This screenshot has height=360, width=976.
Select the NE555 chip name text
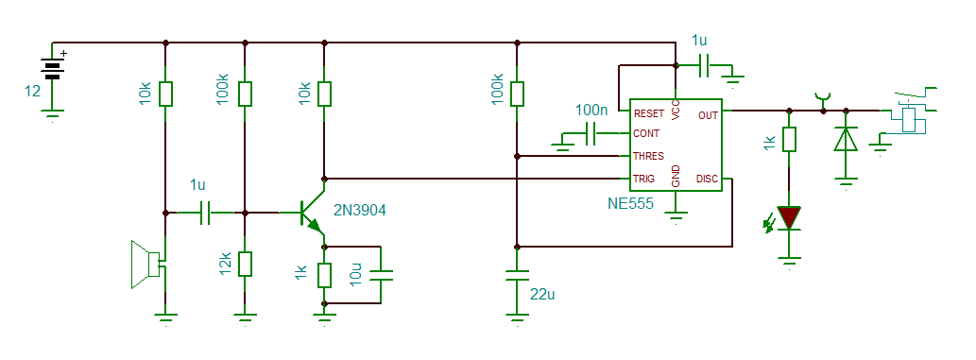tap(630, 203)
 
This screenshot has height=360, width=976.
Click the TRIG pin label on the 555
tap(643, 179)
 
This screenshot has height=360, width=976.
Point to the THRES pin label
tap(648, 156)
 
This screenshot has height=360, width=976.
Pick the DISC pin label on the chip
tap(707, 179)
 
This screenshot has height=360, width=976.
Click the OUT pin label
tap(708, 115)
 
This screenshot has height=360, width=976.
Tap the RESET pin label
tap(649, 114)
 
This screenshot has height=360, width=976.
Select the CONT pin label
tap(646, 133)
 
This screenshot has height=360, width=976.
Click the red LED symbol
tap(789, 218)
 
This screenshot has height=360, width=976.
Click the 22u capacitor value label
tap(542, 295)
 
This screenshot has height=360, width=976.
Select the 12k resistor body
tap(245, 264)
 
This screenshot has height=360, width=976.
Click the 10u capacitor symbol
tap(380, 275)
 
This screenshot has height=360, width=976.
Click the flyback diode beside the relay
tap(846, 140)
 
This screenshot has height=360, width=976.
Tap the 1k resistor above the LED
tap(789, 140)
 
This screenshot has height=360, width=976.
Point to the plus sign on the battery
tap(63, 54)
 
